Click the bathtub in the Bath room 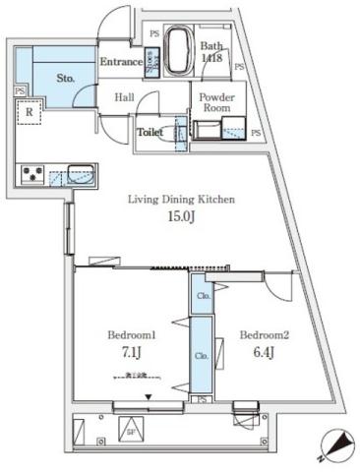[x=179, y=51]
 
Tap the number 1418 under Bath [x=211, y=59]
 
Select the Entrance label [x=121, y=62]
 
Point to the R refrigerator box [x=30, y=112]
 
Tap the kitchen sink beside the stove [x=79, y=176]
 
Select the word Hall [x=125, y=97]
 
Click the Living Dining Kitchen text [x=180, y=200]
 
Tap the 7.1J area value [x=131, y=352]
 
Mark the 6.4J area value [x=264, y=351]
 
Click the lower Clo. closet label [x=200, y=355]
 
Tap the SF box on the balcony [x=130, y=429]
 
